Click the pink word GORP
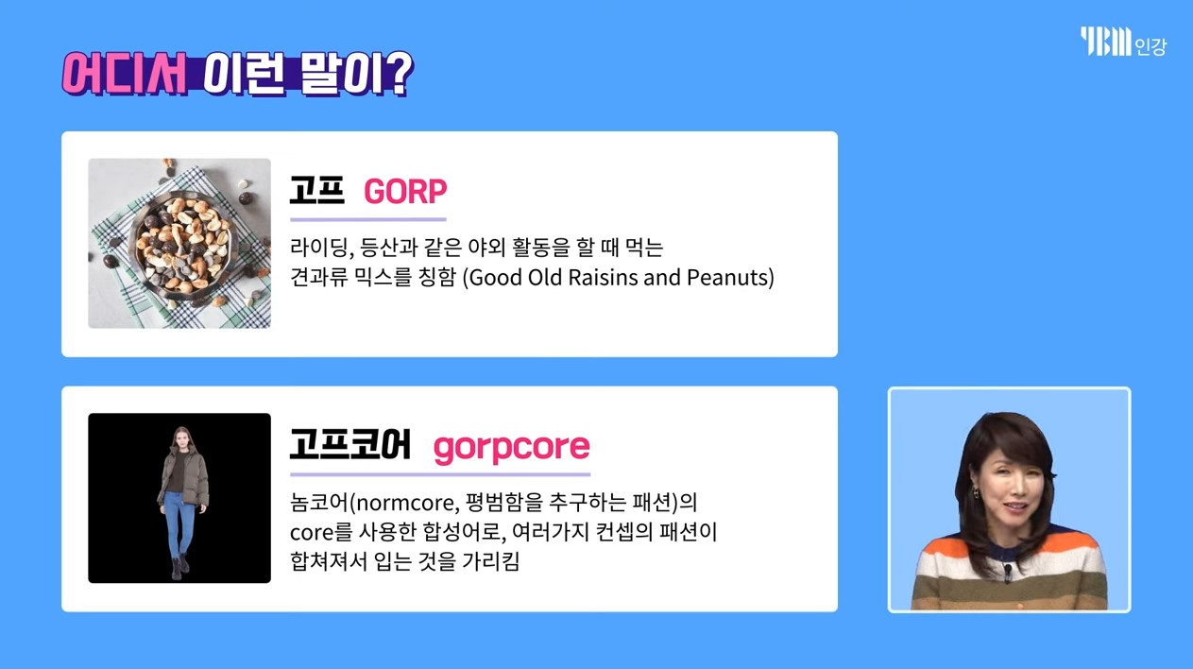[x=405, y=192]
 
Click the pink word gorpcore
[x=512, y=448]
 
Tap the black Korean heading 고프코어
[x=349, y=444]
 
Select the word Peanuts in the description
[x=727, y=278]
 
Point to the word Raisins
[x=603, y=278]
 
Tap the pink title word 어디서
[x=126, y=74]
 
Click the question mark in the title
[x=398, y=74]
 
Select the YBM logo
[x=1106, y=41]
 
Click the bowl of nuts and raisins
[x=180, y=246]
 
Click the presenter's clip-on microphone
[x=1008, y=572]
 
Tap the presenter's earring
[x=977, y=491]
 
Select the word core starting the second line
[x=312, y=533]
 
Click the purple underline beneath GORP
[x=368, y=219]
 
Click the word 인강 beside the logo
[x=1150, y=47]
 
